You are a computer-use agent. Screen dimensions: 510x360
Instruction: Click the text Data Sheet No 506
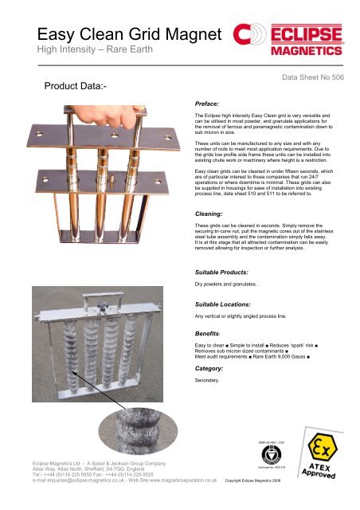[x=313, y=80]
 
